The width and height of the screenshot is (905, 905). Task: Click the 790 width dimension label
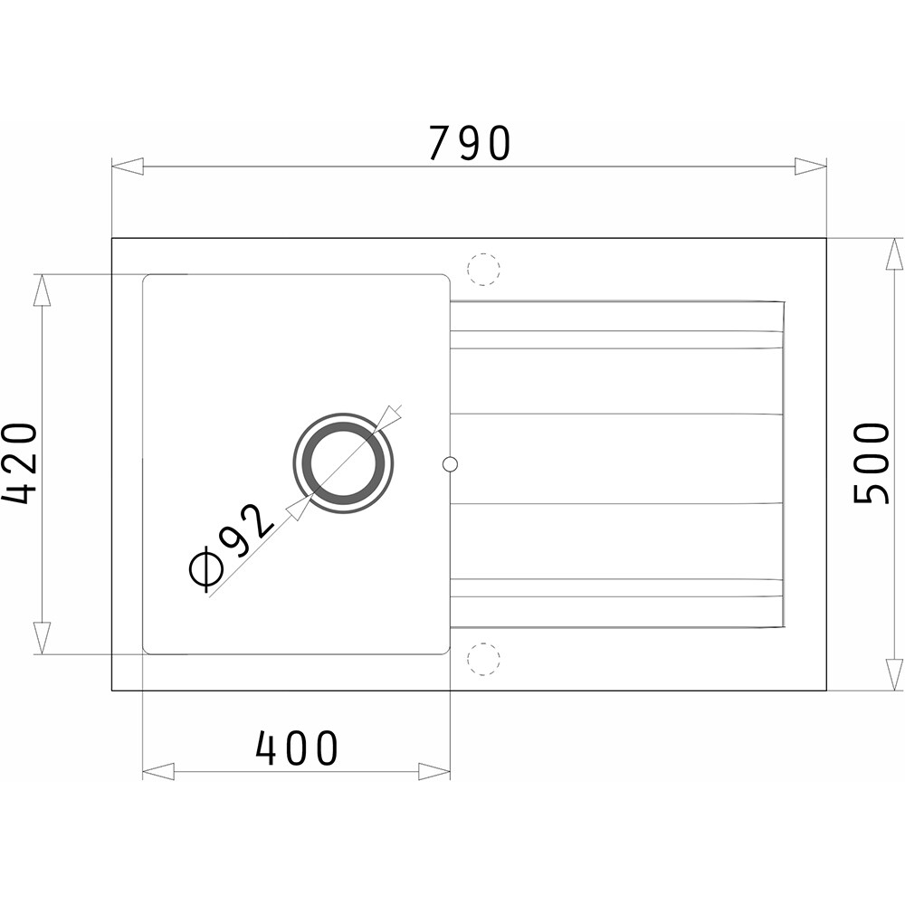pyautogui.click(x=469, y=143)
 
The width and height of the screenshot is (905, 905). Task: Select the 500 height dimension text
pyautogui.click(x=872, y=463)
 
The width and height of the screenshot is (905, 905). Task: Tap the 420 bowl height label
pyautogui.click(x=19, y=462)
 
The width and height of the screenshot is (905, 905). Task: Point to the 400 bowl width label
pyautogui.click(x=296, y=748)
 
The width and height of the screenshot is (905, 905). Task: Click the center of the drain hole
pyautogui.click(x=344, y=463)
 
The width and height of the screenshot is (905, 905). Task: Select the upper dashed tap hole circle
pyautogui.click(x=483, y=269)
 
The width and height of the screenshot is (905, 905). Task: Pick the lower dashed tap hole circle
pyautogui.click(x=483, y=658)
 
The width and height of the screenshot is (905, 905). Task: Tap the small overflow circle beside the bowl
pyautogui.click(x=450, y=463)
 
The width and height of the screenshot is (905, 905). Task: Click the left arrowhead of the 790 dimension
pyautogui.click(x=127, y=167)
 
